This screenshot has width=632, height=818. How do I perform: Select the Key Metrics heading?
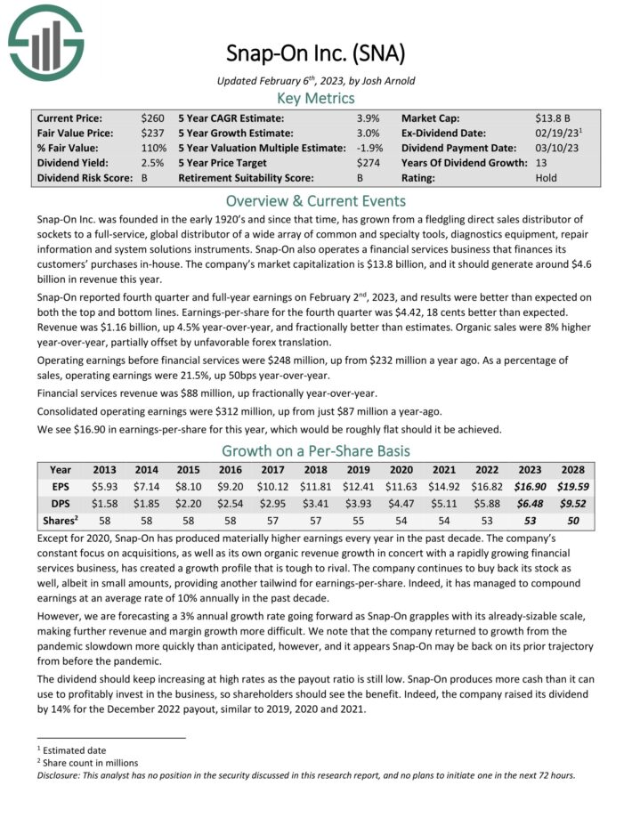point(316,98)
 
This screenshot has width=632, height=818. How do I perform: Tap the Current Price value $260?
point(152,117)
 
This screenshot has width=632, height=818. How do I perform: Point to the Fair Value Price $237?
point(152,133)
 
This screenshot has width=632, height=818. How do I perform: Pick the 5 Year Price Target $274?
point(368,163)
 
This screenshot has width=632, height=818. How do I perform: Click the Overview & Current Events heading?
point(316,200)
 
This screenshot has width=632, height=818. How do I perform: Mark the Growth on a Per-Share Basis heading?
point(316,450)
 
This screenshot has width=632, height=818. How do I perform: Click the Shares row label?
point(61,520)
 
